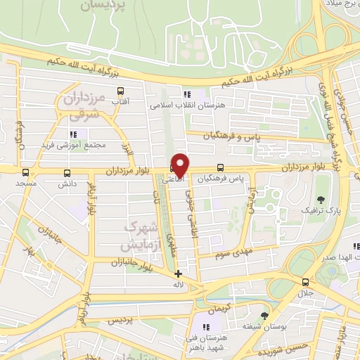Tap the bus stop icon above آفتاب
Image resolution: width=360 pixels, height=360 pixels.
(x=120, y=90)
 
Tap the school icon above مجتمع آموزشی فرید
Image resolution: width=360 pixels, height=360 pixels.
(x=72, y=134)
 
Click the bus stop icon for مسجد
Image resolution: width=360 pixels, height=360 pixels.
(x=26, y=172)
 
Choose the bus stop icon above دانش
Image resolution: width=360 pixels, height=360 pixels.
(x=67, y=172)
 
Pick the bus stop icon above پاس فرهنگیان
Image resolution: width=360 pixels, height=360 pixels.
(x=221, y=168)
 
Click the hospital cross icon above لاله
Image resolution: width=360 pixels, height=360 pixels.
(x=179, y=274)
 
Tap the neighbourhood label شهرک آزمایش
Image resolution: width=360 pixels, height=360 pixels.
(x=136, y=236)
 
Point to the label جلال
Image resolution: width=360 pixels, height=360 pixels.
(x=305, y=291)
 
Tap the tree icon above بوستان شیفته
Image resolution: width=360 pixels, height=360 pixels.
(x=264, y=316)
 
